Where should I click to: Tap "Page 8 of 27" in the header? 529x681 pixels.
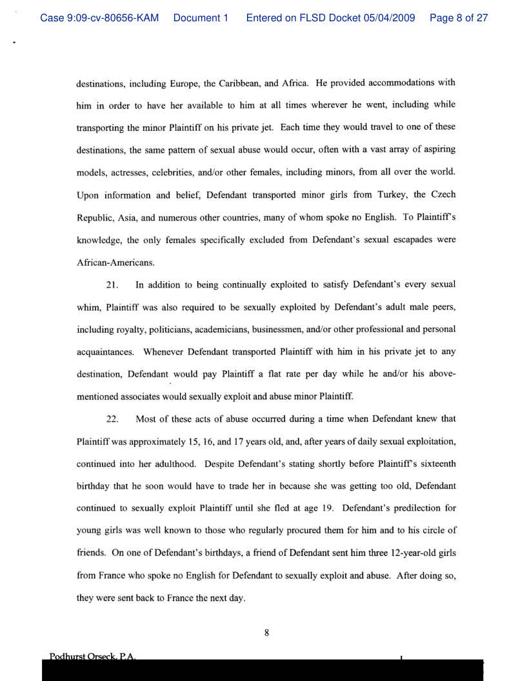point(459,18)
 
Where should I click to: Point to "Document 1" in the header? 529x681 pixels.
point(201,18)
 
